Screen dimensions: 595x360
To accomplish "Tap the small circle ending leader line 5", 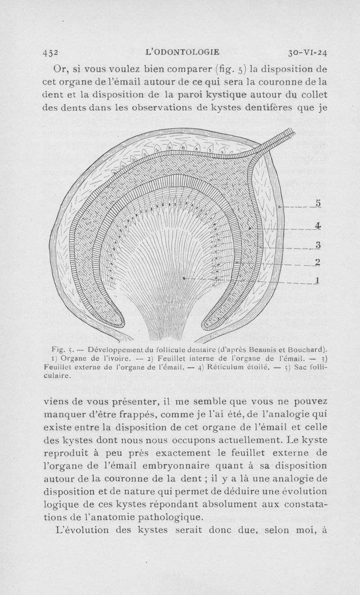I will (x=279, y=206).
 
